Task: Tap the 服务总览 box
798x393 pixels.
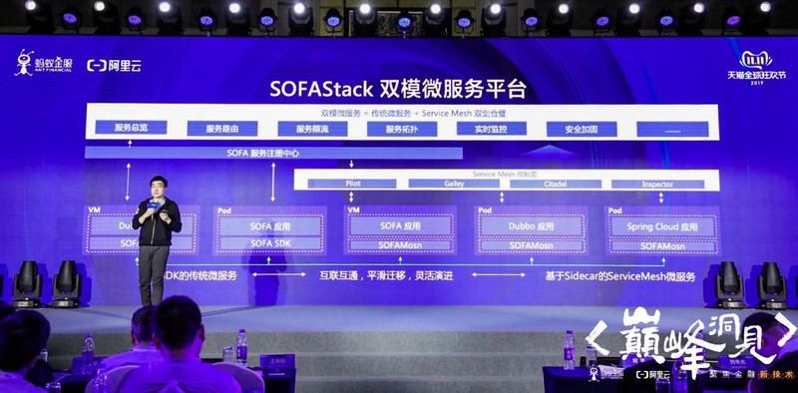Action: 132,128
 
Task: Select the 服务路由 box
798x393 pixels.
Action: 222,128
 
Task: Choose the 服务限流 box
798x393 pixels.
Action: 312,128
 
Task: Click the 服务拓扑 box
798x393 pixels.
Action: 403,128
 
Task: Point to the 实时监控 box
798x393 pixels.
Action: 492,128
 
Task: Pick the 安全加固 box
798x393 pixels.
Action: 582,128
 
